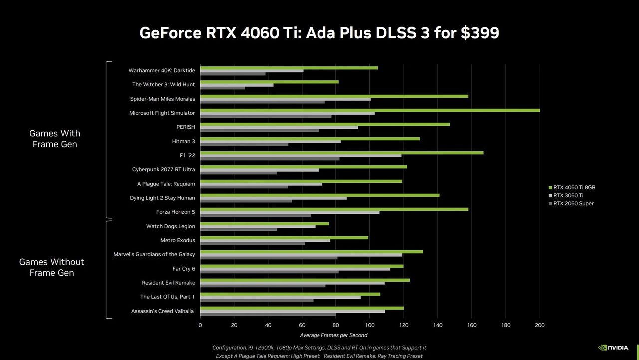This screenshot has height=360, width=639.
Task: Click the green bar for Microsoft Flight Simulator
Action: [x=369, y=110]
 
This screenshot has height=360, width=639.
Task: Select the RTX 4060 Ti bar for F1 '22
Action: [x=341, y=153]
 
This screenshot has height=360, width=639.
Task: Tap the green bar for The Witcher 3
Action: [x=270, y=82]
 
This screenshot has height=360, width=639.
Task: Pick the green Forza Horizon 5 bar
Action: [x=334, y=209]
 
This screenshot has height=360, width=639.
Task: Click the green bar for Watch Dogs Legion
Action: [x=265, y=223]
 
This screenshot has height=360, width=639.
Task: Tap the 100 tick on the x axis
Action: [x=369, y=325]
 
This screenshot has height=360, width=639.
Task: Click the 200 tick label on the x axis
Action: [x=539, y=325]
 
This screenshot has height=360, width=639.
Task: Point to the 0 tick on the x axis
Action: [x=200, y=325]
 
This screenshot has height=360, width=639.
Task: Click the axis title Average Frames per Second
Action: [x=333, y=335]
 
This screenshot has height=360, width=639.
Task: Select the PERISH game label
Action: [x=185, y=127]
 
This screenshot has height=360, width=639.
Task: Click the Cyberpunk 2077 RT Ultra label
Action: [x=163, y=169]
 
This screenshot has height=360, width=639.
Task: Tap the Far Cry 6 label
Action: [x=183, y=269]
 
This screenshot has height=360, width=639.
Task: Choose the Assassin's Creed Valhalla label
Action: [x=163, y=311]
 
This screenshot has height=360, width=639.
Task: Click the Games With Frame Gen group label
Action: [x=55, y=139]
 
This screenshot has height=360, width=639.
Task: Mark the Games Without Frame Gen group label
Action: [x=52, y=267]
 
